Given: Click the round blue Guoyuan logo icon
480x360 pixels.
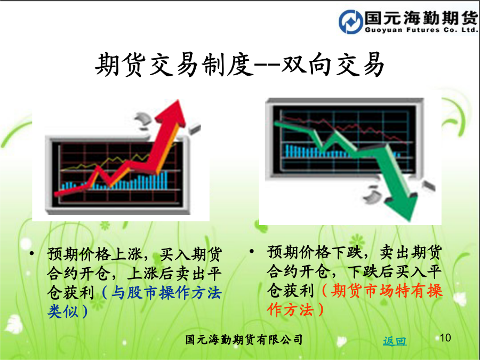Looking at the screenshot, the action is click(350, 21).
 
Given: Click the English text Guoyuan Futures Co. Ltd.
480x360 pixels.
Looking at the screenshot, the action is click(421, 30).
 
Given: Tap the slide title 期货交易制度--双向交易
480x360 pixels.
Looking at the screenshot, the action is click(239, 65).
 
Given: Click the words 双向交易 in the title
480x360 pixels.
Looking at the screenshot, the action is click(333, 65).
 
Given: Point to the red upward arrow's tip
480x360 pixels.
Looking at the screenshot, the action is click(178, 100).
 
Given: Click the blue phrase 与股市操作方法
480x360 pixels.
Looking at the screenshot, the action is click(166, 292).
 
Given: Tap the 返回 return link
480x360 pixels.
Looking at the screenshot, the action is click(395, 341).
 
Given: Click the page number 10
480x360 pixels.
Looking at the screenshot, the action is click(445, 338).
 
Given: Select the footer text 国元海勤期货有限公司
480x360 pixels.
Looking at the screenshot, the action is click(244, 340).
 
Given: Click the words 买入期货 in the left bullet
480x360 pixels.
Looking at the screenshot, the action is click(191, 254).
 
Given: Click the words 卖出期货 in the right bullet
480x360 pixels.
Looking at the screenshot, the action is click(411, 252).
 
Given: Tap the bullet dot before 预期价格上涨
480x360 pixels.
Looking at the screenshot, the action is click(31, 253).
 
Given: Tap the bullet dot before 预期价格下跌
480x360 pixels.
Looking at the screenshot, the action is click(252, 251).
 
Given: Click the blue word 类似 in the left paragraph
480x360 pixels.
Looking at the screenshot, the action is click(63, 311).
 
